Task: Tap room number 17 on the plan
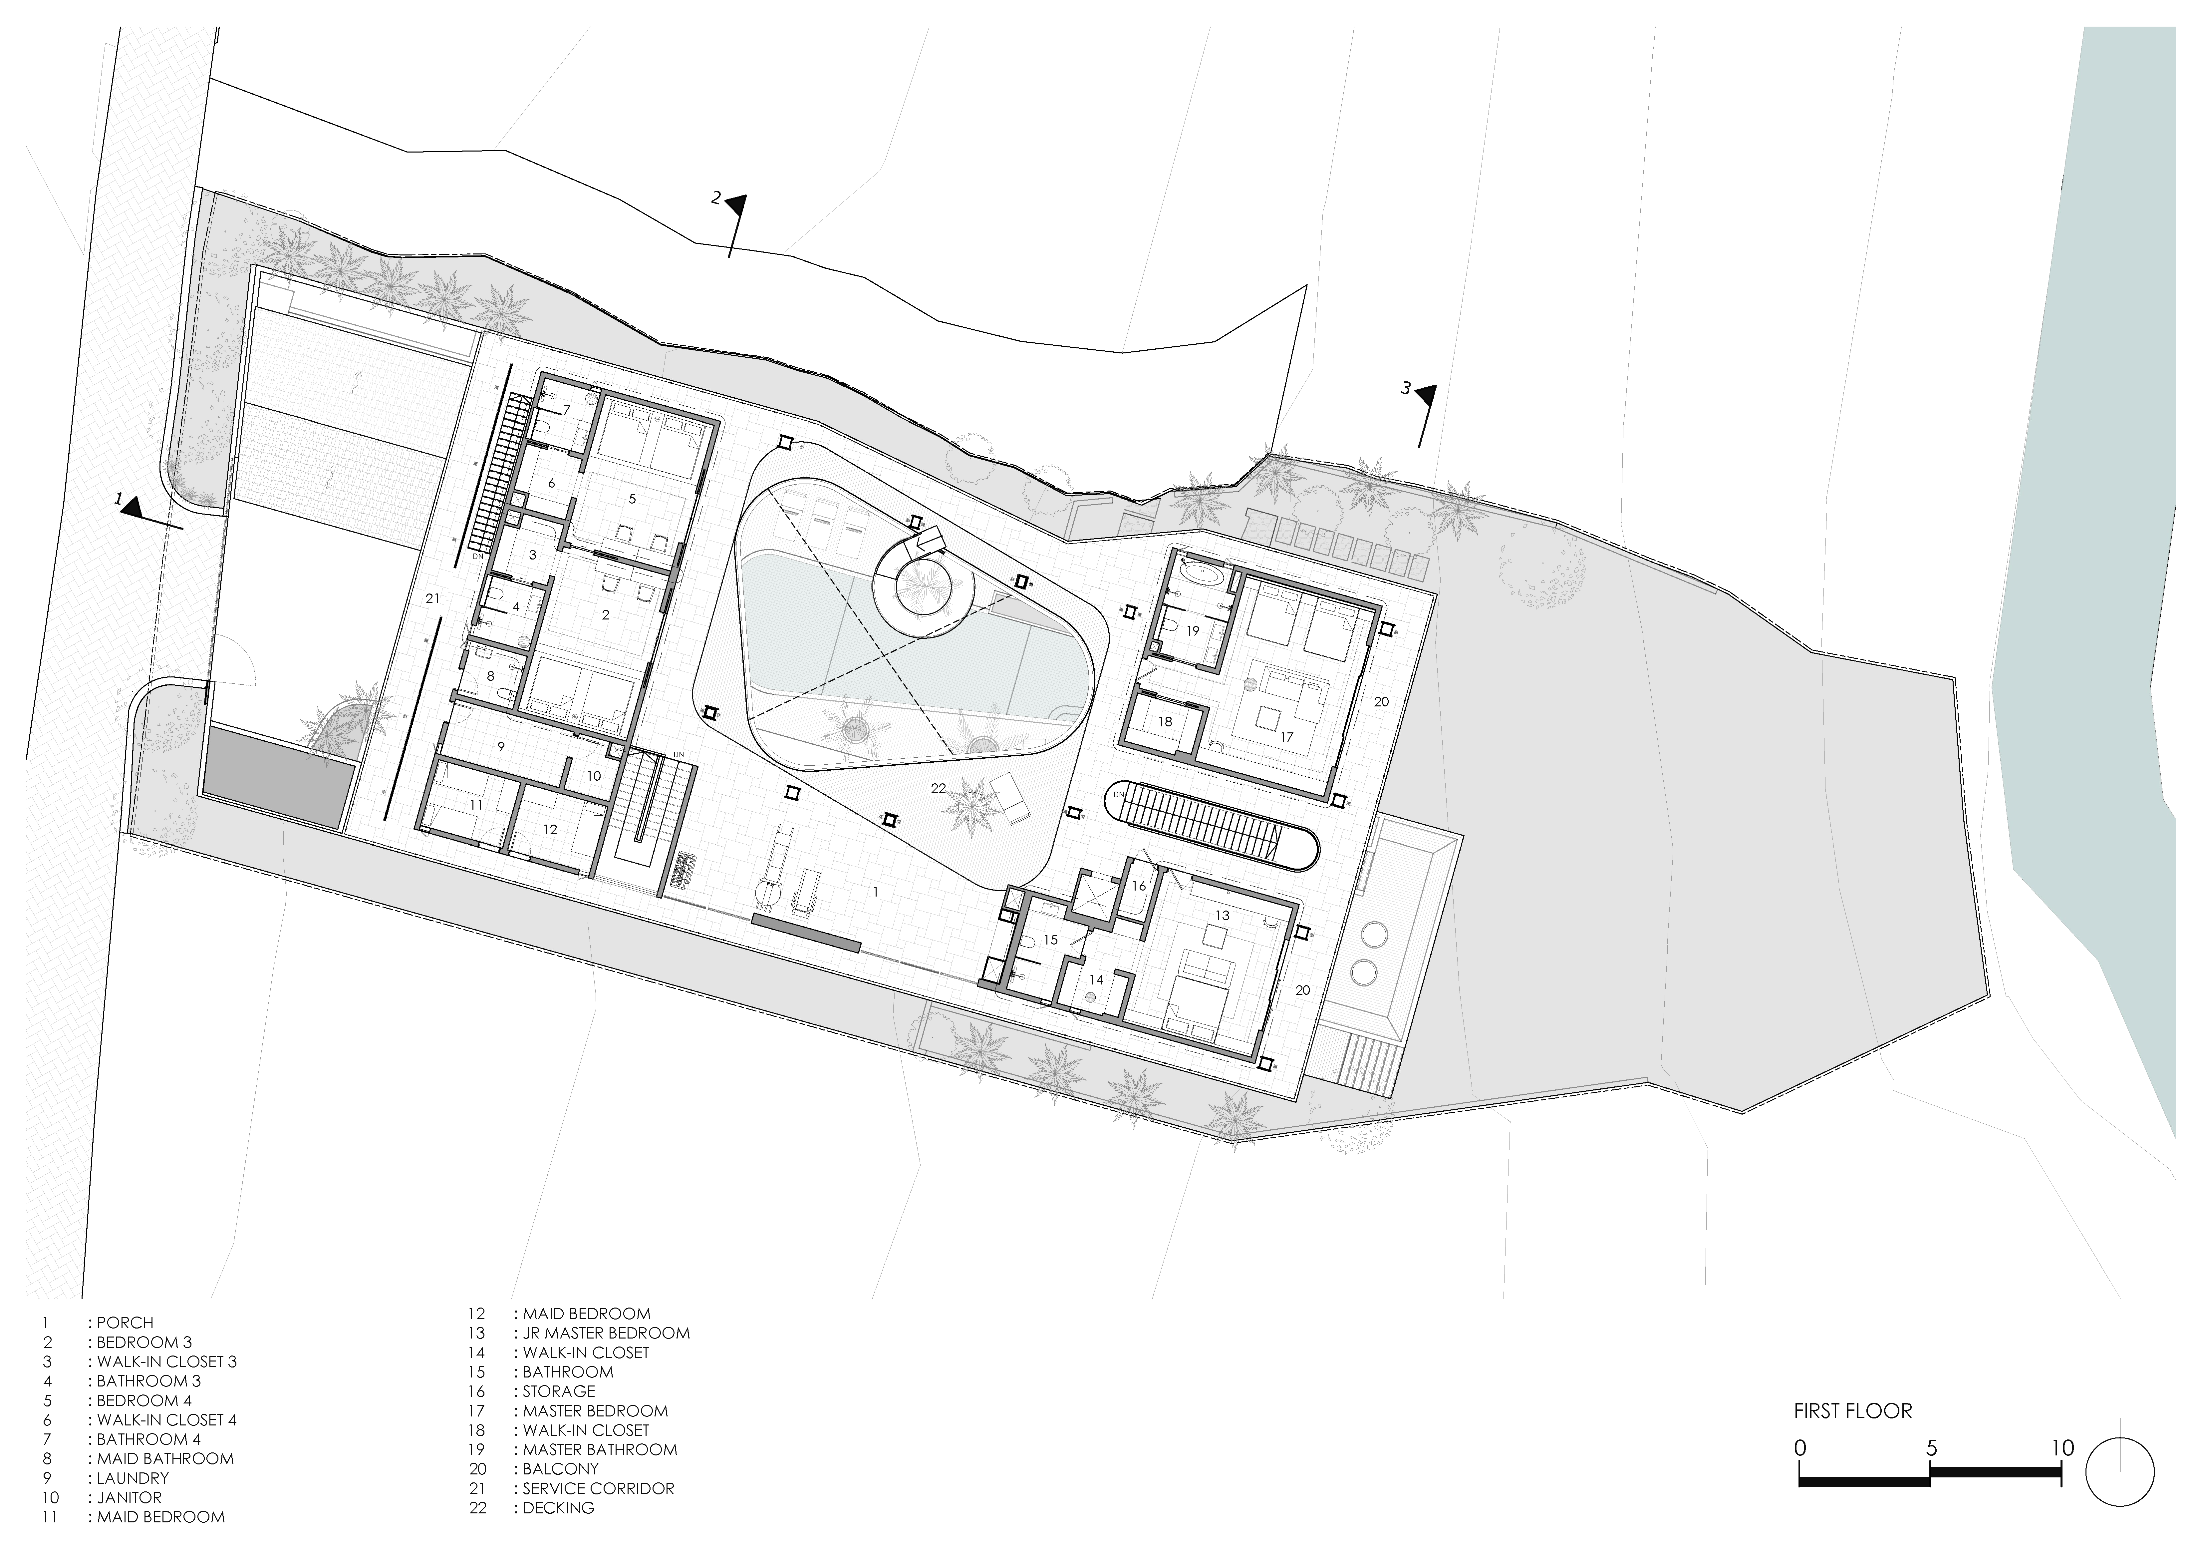click(x=1286, y=737)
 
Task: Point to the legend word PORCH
click(x=125, y=1322)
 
